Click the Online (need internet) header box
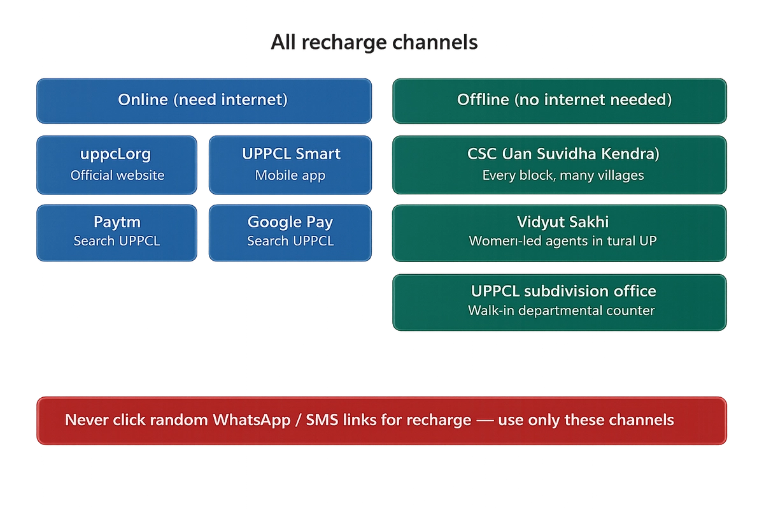coord(204,100)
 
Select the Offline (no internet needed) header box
coord(560,100)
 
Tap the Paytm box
coord(117,232)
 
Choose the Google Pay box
coord(290,232)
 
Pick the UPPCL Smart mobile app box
coord(290,164)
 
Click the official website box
coord(117,164)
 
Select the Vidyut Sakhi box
coord(560,232)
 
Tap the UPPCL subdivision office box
coord(560,302)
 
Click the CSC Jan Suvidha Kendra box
coord(560,164)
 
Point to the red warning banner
coord(382,420)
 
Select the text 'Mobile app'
coord(290,175)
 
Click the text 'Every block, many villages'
coord(563,175)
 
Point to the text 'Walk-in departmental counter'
coord(562,311)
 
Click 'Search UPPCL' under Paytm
coord(117,242)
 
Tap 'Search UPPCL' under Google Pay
coord(290,242)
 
